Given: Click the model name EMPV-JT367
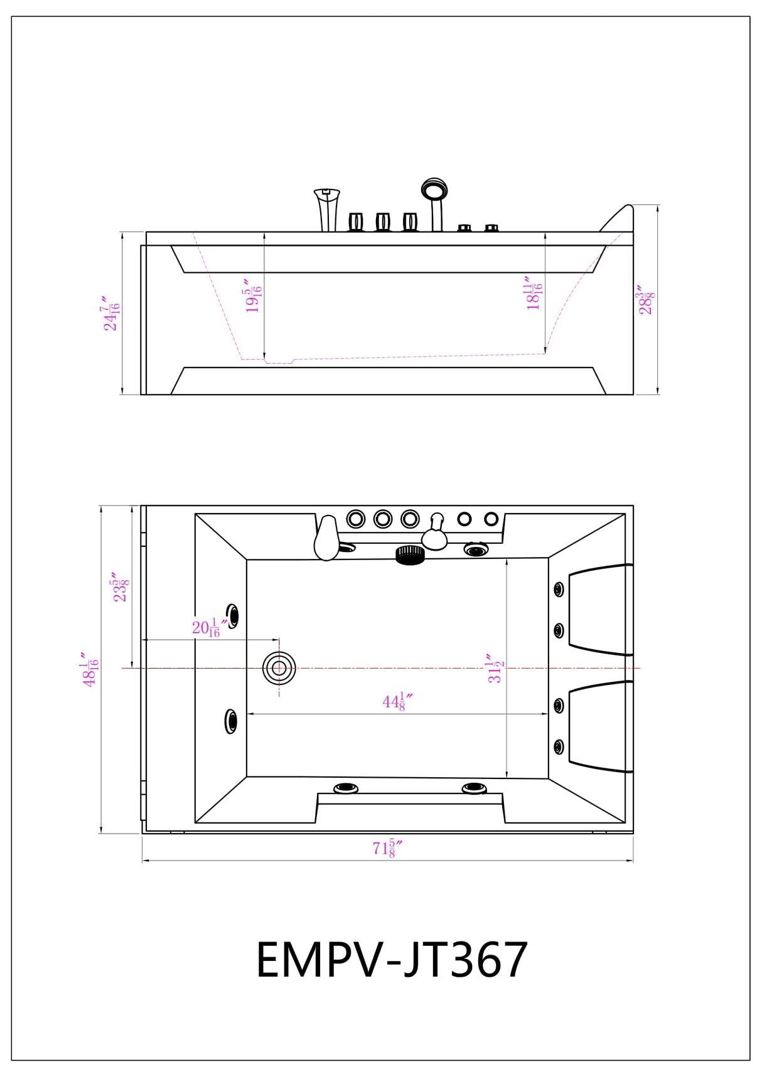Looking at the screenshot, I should pyautogui.click(x=392, y=960).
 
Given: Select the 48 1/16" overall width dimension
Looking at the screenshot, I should pyautogui.click(x=90, y=669).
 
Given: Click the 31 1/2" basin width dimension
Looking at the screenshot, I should pyautogui.click(x=495, y=669).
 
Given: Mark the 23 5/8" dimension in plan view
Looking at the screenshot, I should pyautogui.click(x=121, y=586).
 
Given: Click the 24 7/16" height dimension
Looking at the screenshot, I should pyautogui.click(x=112, y=314).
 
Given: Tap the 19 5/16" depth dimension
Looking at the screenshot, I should pyautogui.click(x=254, y=296).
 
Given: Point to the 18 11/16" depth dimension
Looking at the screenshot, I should pyautogui.click(x=534, y=294).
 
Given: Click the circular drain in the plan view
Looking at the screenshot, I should pyautogui.click(x=279, y=668).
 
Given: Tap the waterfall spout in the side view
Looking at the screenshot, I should pyautogui.click(x=327, y=209).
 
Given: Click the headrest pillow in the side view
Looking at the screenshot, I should pyautogui.click(x=618, y=218).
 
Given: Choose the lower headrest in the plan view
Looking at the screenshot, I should pyautogui.click(x=599, y=726).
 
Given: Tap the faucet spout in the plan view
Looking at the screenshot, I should pyautogui.click(x=326, y=538).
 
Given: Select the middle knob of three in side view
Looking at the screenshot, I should pyautogui.click(x=383, y=221).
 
